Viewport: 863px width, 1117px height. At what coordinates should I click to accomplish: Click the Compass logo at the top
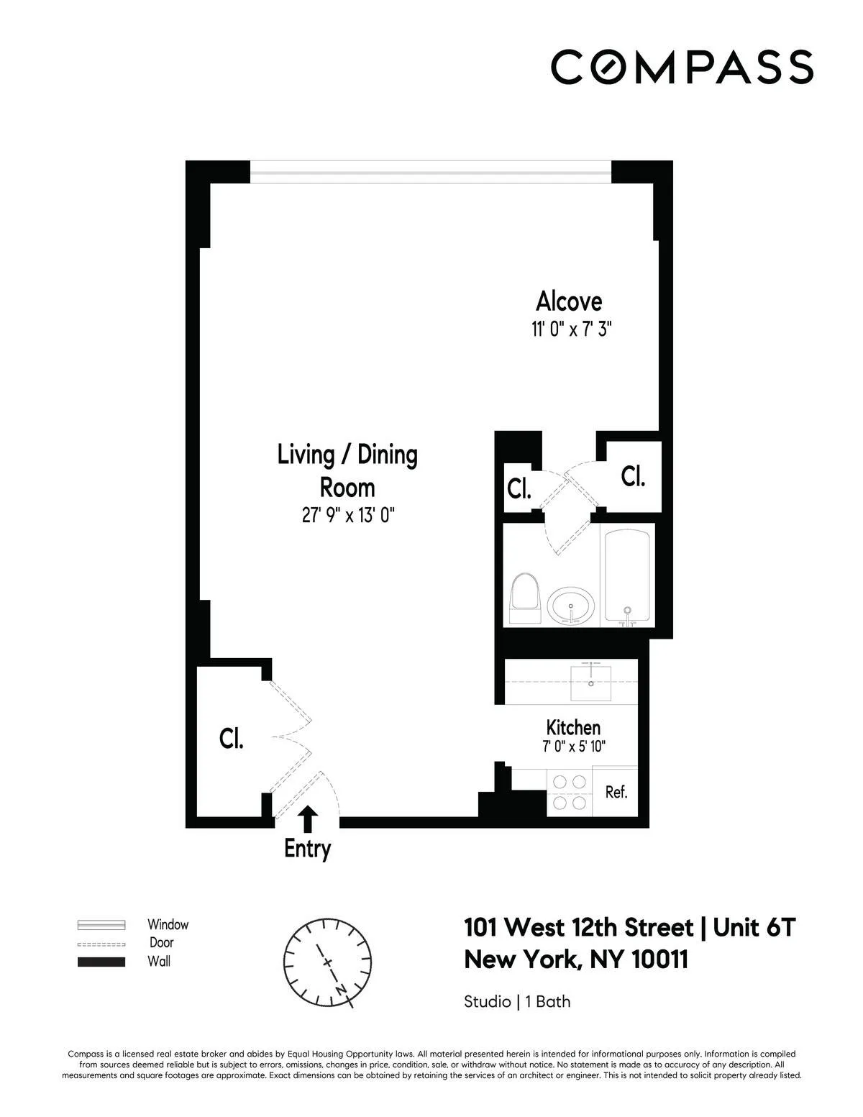pos(682,67)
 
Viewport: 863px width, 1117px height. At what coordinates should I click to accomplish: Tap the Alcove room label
pos(569,301)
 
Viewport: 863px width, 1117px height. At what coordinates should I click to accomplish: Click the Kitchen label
pos(573,726)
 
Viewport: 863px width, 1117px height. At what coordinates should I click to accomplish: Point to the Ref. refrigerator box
pos(616,793)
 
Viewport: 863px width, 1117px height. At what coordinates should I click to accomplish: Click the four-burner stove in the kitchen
pos(569,792)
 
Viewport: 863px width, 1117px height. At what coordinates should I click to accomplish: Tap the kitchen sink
pos(590,681)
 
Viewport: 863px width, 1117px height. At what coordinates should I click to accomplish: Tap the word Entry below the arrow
pos(307,849)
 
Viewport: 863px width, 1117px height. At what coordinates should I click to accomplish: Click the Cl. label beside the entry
pos(232,739)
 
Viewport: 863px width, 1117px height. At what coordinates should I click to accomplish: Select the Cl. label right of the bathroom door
pos(633,476)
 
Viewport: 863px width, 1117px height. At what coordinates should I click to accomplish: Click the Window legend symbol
pos(101,925)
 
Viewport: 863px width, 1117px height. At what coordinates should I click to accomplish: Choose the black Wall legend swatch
pos(101,962)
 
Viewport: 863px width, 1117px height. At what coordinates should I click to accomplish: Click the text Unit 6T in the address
pos(753,928)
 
